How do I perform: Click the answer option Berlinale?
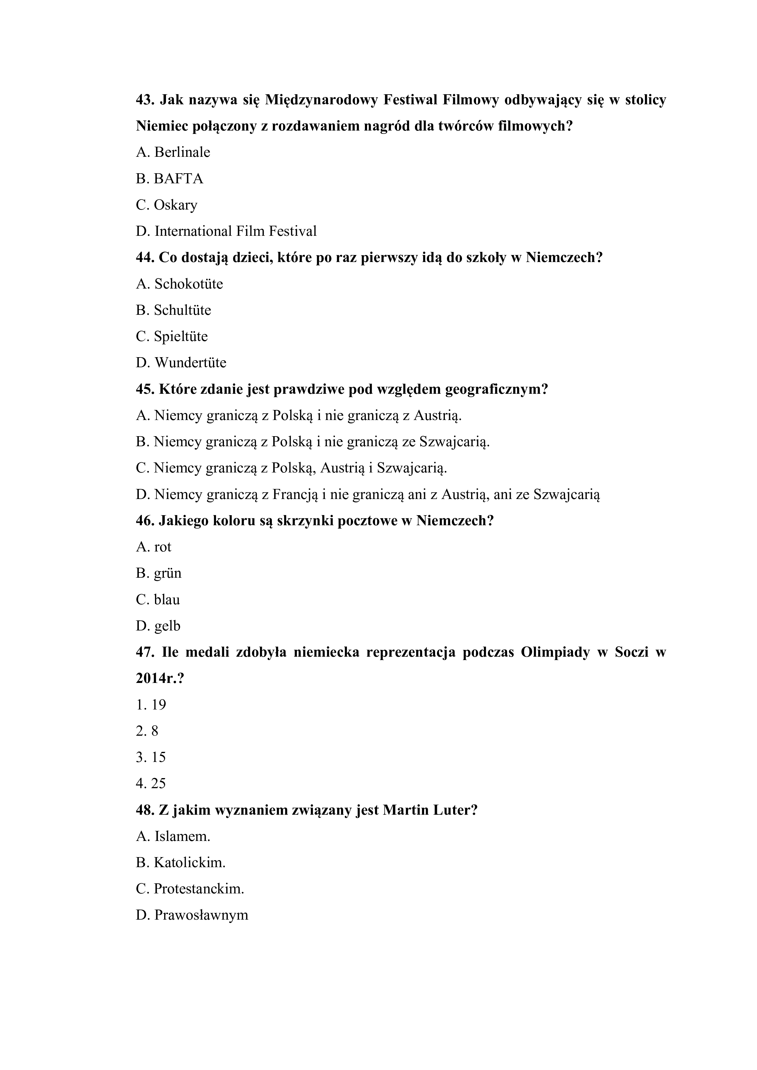point(182,153)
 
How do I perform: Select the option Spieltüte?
point(181,336)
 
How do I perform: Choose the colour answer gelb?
point(167,626)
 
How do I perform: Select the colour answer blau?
point(167,600)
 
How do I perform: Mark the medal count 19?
point(158,705)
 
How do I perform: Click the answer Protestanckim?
point(199,889)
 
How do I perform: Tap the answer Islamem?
point(182,837)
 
